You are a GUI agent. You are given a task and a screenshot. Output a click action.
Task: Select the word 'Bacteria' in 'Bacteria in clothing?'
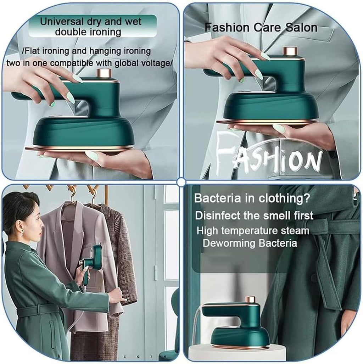coord(216,198)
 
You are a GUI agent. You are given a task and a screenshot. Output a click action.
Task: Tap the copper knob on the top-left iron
coord(104,73)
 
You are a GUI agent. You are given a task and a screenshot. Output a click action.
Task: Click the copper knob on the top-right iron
coord(290,51)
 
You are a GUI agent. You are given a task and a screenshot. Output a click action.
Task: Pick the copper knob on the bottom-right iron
coord(250,299)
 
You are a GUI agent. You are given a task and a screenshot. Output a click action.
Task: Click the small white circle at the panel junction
coord(181,182)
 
